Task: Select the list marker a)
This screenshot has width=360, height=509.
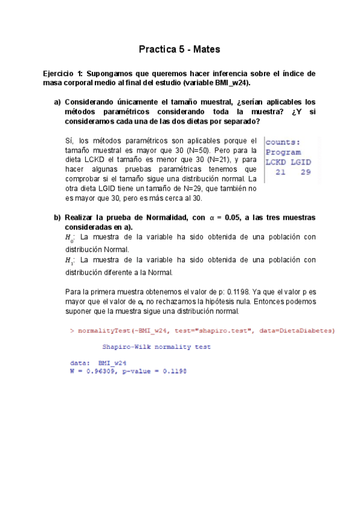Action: pos(58,102)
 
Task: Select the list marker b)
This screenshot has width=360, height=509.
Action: pos(58,217)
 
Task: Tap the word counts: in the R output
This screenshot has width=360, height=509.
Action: pos(283,142)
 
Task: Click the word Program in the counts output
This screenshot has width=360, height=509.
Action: pos(283,152)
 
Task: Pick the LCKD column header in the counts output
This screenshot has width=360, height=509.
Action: pos(277,162)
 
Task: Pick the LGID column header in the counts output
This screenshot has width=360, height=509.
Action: pos(302,162)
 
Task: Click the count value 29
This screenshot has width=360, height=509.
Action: pos(305,172)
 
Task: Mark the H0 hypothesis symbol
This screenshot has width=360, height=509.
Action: pos(68,238)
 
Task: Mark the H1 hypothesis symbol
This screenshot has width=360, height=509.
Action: pos(68,261)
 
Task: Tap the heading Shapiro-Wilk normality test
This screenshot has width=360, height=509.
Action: pos(156,347)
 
